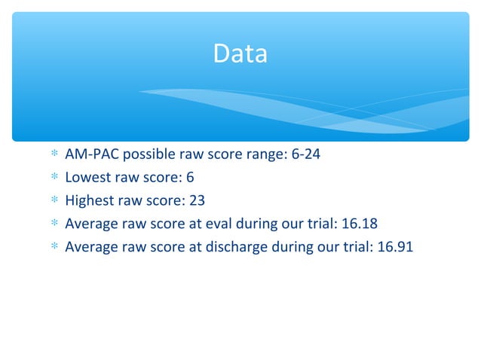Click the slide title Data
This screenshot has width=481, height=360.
point(240,53)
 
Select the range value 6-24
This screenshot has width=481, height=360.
point(311,157)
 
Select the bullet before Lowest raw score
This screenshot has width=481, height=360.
point(53,179)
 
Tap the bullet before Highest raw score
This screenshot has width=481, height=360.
point(53,202)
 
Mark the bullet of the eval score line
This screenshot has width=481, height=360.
point(53,224)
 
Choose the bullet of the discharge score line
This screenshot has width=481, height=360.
point(53,246)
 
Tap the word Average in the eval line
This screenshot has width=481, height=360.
point(91,224)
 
